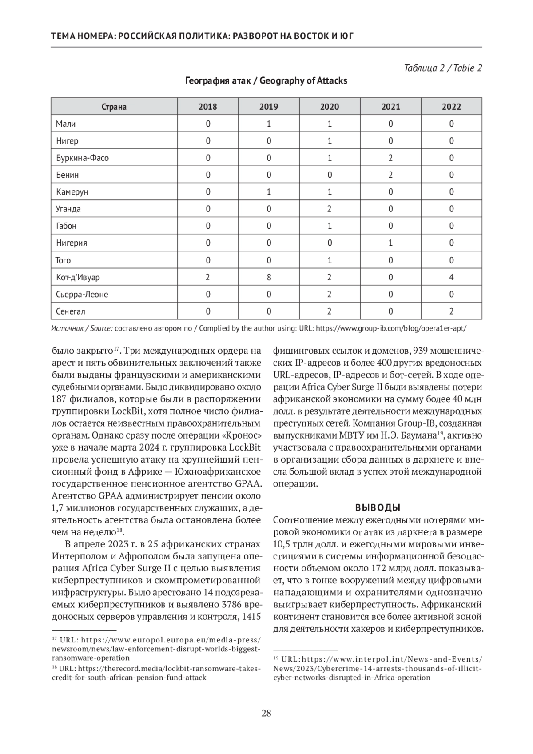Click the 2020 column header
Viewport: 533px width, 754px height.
[x=330, y=107]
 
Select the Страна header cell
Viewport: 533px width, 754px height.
[x=114, y=107]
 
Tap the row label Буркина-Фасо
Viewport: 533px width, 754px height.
[x=82, y=158]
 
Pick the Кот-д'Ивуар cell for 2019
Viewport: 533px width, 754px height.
[x=269, y=277]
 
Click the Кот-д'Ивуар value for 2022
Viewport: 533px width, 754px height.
[x=451, y=277]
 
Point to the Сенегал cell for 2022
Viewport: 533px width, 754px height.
[x=451, y=311]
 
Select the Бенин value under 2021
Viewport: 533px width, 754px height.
[x=390, y=175]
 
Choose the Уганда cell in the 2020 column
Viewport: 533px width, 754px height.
[x=330, y=209]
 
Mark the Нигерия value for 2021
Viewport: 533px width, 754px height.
[x=390, y=243]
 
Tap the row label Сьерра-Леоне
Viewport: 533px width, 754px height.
[x=82, y=294]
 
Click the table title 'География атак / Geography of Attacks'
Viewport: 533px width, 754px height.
[x=266, y=81]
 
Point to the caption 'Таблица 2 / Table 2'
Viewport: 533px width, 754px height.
[x=443, y=68]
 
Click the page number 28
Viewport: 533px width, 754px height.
[x=266, y=714]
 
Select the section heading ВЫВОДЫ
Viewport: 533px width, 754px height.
[x=378, y=507]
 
